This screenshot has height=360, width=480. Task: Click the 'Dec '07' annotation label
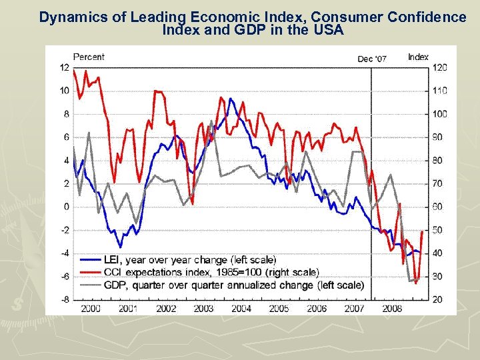coord(371,59)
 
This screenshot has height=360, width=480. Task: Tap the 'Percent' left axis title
coord(89,57)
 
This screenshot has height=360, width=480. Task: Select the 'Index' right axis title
coord(418,57)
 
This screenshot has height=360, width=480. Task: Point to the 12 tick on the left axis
coord(65,67)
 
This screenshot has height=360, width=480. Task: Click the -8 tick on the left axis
coord(65,299)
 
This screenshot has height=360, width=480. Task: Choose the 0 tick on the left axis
coord(66,207)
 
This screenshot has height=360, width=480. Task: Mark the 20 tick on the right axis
coord(437,299)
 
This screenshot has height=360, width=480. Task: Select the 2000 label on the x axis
coord(90,309)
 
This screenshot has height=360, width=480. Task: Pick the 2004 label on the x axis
coord(241,309)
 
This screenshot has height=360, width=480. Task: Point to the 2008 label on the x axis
coord(392,309)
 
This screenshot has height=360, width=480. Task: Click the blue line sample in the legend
coord(91,259)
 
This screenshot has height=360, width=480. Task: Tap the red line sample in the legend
coord(91,272)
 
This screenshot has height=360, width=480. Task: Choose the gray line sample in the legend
coord(91,285)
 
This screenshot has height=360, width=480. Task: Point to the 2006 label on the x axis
coord(317,309)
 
